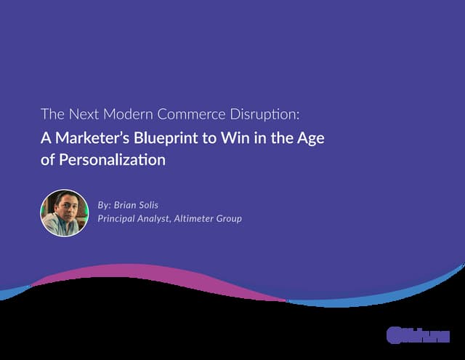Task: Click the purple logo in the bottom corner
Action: (418, 335)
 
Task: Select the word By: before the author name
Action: (104, 205)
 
